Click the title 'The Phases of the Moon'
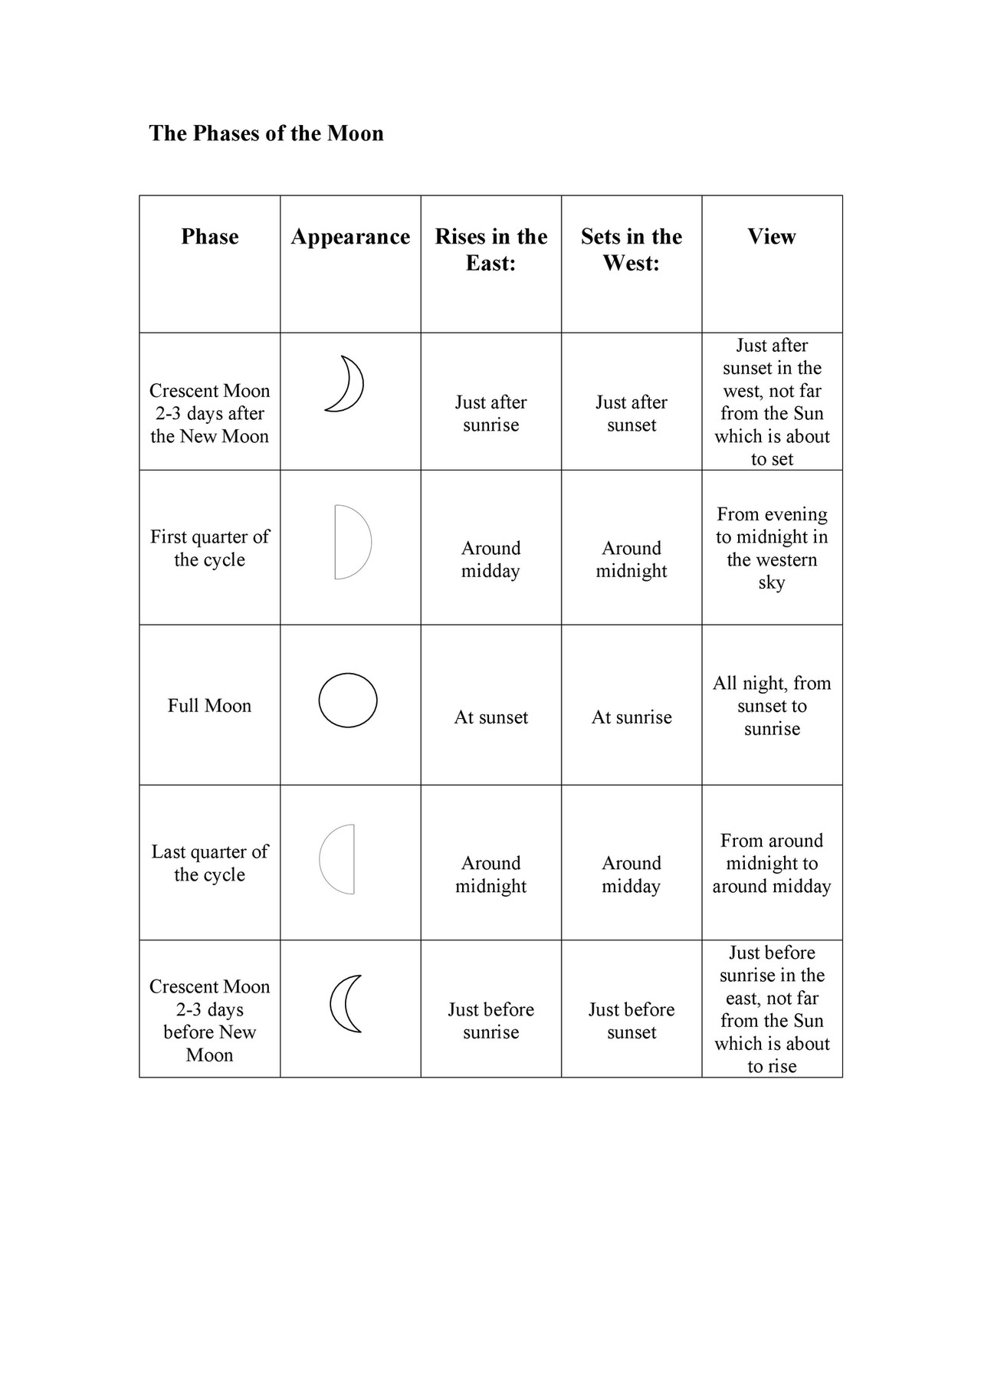click(266, 133)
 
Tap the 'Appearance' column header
click(350, 237)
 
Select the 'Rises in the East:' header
click(490, 250)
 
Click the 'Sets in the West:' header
click(631, 250)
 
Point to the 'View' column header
click(772, 237)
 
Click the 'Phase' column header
click(209, 237)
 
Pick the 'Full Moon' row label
click(209, 706)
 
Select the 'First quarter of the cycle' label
click(209, 548)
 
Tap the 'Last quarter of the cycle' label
click(209, 863)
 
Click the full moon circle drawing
click(348, 701)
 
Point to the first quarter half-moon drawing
click(353, 543)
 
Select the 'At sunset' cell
click(490, 717)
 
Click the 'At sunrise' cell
click(631, 717)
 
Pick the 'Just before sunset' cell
click(631, 1021)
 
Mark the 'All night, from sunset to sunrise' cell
click(772, 706)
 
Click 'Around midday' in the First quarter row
click(490, 559)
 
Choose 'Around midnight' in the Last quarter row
click(490, 874)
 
